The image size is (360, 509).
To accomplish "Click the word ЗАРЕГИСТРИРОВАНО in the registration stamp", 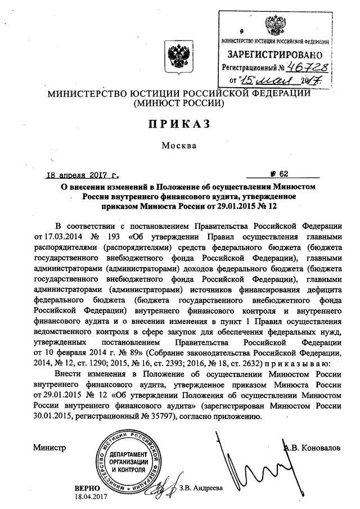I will click(274, 55).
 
